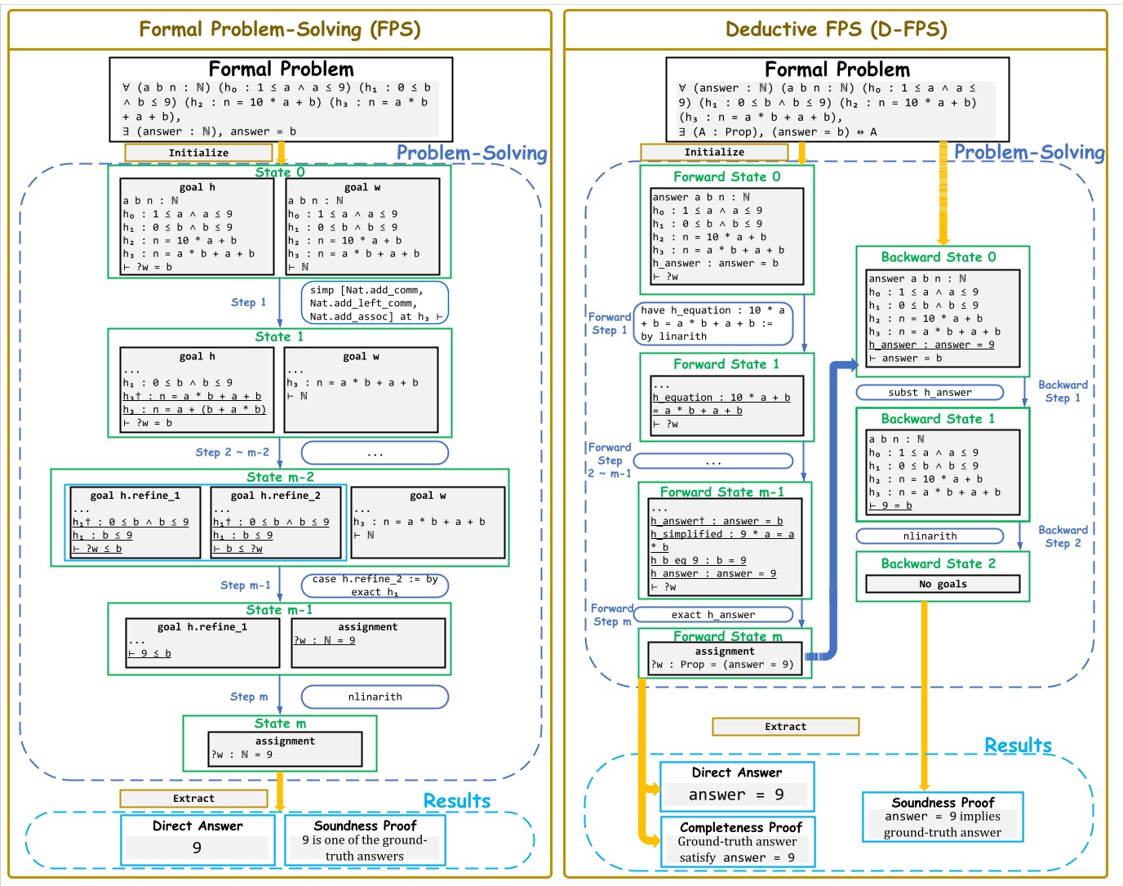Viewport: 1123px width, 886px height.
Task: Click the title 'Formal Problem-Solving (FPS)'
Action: point(280,30)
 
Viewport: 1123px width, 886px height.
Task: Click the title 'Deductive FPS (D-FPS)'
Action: point(836,30)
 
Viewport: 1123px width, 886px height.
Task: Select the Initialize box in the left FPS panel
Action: point(198,153)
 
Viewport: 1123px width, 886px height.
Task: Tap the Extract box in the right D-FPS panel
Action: point(785,726)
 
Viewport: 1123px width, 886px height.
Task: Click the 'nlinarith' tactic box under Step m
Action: point(375,697)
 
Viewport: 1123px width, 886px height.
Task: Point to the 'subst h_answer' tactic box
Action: point(930,392)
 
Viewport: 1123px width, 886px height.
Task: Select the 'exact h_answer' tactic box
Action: point(713,614)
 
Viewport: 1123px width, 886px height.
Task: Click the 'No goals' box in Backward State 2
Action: point(943,584)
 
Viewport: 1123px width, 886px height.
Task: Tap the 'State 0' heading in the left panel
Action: point(280,172)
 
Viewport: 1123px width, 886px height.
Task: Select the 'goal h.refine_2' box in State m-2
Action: point(277,523)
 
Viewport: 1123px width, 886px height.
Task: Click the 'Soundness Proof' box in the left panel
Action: point(365,840)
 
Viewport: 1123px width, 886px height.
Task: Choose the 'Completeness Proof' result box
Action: point(737,842)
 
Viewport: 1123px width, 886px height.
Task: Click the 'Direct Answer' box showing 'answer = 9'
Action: point(737,786)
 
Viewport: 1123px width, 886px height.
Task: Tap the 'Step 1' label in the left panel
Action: point(248,302)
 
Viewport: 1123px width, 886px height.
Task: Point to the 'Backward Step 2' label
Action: point(1063,536)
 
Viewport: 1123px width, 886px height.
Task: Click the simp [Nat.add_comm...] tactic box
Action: point(375,303)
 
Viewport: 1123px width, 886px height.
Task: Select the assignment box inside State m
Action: point(285,748)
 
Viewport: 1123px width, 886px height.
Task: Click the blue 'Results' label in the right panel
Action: point(1018,745)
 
